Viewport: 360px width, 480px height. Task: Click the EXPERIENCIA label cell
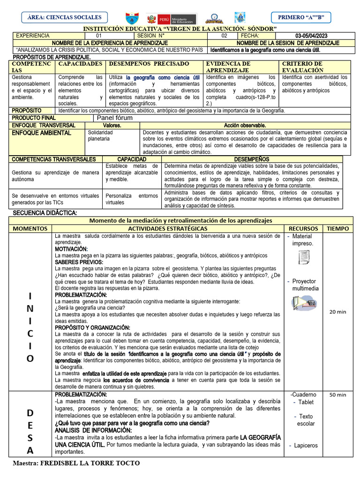(x=33, y=36)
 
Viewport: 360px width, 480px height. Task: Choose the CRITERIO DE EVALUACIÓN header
(x=302, y=67)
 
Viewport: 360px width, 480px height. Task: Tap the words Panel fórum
(x=114, y=118)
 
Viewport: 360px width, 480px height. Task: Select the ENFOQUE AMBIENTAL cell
(x=41, y=133)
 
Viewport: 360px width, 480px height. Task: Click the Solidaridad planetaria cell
(x=100, y=136)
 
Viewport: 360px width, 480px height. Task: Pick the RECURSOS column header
(x=303, y=229)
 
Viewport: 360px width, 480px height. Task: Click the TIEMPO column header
(x=338, y=229)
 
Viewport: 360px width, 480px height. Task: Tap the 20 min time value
(x=338, y=312)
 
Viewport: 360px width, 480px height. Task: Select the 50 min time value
(x=338, y=395)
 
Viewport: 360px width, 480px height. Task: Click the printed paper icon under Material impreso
(x=304, y=257)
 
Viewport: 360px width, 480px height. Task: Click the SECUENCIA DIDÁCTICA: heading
(x=45, y=213)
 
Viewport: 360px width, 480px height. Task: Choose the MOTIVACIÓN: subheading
(x=71, y=249)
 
